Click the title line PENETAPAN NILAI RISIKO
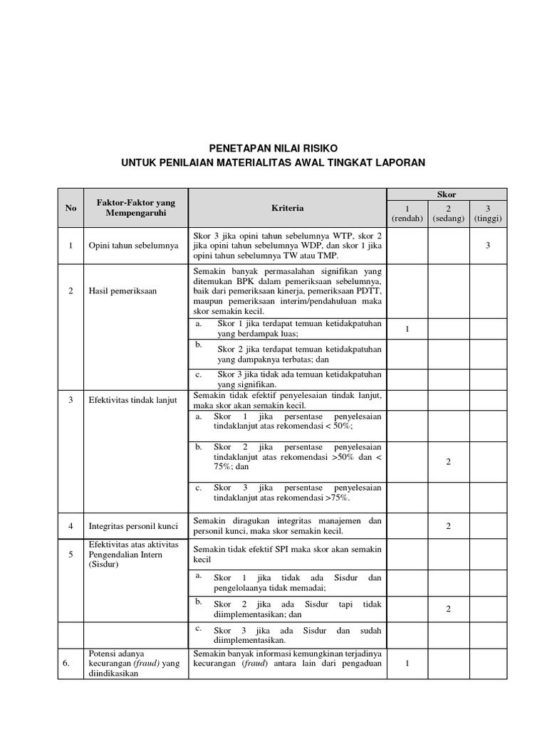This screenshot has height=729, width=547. pyautogui.click(x=273, y=148)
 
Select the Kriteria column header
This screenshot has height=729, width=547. pyautogui.click(x=287, y=209)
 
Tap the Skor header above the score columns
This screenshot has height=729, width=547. pyautogui.click(x=447, y=194)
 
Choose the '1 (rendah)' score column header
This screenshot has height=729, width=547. pyautogui.click(x=407, y=214)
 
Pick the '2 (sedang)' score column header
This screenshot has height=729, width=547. pyautogui.click(x=447, y=214)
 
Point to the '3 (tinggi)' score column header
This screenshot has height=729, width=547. pyautogui.click(x=488, y=214)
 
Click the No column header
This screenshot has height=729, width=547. pyautogui.click(x=71, y=209)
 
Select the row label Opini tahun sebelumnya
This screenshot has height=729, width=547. pyautogui.click(x=132, y=246)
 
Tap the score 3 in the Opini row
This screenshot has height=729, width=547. pyautogui.click(x=488, y=246)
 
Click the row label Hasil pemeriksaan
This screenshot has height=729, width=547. pyautogui.click(x=123, y=290)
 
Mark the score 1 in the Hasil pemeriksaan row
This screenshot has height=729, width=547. pyautogui.click(x=407, y=328)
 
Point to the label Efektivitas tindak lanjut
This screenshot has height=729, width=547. pyautogui.click(x=133, y=400)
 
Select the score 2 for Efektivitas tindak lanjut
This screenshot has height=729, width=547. pyautogui.click(x=448, y=462)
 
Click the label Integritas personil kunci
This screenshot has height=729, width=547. pyautogui.click(x=133, y=526)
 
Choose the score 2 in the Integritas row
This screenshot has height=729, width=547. pyautogui.click(x=448, y=526)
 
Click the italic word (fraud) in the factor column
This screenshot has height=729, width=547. pyautogui.click(x=147, y=664)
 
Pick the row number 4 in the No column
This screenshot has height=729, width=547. pyautogui.click(x=71, y=526)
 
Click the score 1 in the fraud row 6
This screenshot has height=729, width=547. pyautogui.click(x=407, y=664)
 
